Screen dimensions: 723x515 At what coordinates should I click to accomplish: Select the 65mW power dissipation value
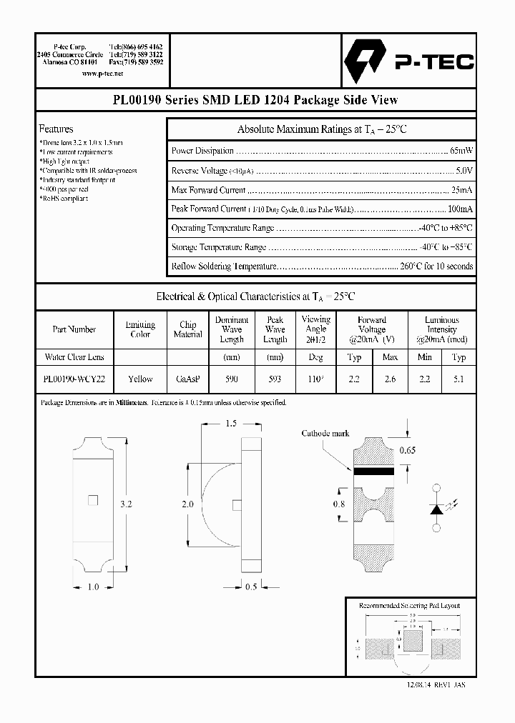[x=461, y=151]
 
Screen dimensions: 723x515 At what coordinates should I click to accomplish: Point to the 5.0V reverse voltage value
[x=464, y=171]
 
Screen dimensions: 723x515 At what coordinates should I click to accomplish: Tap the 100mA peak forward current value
[x=459, y=209]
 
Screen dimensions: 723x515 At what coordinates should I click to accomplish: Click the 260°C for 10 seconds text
[x=437, y=266]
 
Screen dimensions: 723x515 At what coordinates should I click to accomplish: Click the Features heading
[x=56, y=129]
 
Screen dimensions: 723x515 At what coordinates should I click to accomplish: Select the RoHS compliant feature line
[x=64, y=199]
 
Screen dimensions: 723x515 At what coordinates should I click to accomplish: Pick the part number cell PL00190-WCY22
[x=74, y=379]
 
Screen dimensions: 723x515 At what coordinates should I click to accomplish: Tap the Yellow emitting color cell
[x=140, y=379]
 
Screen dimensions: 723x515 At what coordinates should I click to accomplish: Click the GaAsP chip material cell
[x=187, y=379]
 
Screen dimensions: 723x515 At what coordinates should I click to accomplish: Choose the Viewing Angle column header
[x=316, y=329]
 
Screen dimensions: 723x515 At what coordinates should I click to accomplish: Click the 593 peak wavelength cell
[x=275, y=379]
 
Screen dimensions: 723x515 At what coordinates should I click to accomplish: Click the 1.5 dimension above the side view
[x=230, y=424]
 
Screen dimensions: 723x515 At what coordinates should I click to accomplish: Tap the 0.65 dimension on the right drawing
[x=407, y=450]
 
